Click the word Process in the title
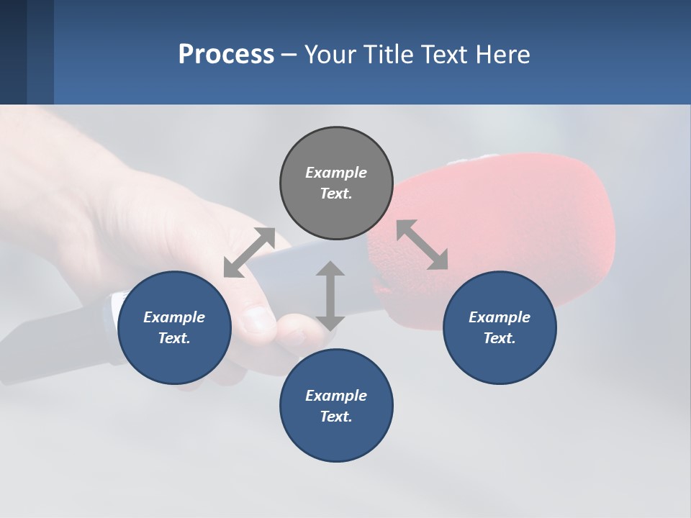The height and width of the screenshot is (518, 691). (226, 55)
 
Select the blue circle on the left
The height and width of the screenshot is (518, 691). (174, 353)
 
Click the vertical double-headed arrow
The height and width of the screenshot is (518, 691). (330, 296)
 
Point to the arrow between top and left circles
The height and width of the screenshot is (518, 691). (250, 253)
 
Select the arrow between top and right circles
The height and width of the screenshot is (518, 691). (422, 245)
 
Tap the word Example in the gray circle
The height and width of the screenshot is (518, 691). (336, 173)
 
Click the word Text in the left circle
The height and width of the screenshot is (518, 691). (174, 338)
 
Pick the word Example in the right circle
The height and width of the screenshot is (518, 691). (500, 317)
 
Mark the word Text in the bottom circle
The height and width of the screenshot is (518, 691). (336, 417)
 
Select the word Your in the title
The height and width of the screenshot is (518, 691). (328, 55)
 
